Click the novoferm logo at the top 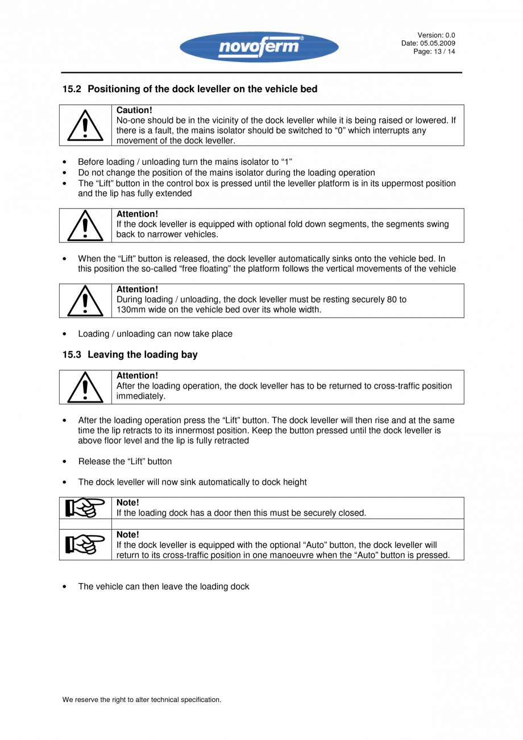(259, 47)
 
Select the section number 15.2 (72, 89)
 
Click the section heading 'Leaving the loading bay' (143, 355)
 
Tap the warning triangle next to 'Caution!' (85, 126)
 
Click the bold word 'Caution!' (134, 110)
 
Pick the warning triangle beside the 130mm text (85, 301)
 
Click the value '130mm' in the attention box (130, 310)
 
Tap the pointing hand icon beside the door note (85, 507)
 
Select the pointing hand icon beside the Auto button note (85, 544)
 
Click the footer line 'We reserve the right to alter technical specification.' (142, 700)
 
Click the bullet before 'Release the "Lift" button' (66, 461)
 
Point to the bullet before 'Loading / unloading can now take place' (66, 334)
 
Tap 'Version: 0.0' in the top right (437, 35)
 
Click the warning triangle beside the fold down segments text (85, 225)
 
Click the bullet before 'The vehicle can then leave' (66, 586)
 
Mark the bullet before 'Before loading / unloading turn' (66, 162)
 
